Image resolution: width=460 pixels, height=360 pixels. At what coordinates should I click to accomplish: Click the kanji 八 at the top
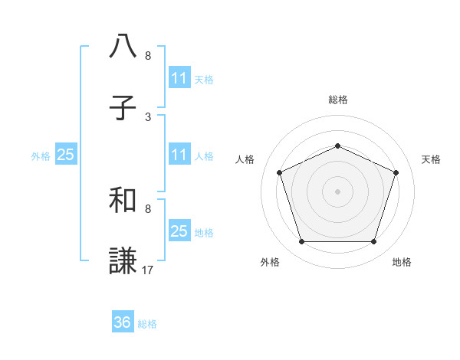[x=123, y=47]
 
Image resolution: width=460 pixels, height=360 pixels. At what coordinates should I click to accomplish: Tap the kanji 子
[x=123, y=109]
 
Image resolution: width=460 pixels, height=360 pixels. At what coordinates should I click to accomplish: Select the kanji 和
[x=123, y=201]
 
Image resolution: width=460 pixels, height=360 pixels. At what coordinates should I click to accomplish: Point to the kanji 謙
[x=123, y=260]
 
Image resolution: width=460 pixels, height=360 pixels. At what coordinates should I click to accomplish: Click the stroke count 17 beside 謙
[x=148, y=270]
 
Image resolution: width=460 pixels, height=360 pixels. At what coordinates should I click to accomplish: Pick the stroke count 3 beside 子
[x=148, y=117]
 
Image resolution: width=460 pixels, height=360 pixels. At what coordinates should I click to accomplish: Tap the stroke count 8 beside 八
[x=148, y=56]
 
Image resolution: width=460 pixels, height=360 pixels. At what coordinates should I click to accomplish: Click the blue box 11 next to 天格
[x=179, y=78]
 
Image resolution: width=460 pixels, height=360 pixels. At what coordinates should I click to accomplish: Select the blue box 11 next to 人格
[x=179, y=155]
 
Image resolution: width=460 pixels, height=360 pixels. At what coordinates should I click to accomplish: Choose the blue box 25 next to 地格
[x=179, y=231]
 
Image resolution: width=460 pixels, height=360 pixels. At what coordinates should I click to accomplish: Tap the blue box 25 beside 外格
[x=65, y=155]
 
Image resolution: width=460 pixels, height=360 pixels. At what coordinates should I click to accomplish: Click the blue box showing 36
[x=123, y=322]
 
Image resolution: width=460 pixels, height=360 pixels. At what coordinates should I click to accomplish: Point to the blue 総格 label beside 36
[x=147, y=324]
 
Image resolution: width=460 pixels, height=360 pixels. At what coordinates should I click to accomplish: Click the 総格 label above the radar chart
[x=337, y=100]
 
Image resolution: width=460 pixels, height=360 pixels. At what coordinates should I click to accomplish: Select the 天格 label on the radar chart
[x=431, y=159]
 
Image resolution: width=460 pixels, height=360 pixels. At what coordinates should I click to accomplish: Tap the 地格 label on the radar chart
[x=402, y=263]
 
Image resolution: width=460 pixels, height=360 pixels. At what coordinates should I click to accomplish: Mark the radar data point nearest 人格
[x=279, y=172]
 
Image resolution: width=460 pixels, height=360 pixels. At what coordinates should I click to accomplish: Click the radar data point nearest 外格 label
[x=301, y=242]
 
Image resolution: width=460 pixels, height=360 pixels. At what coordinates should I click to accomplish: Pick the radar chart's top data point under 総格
[x=337, y=146]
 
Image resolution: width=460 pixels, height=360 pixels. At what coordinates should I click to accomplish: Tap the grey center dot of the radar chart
[x=337, y=191]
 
